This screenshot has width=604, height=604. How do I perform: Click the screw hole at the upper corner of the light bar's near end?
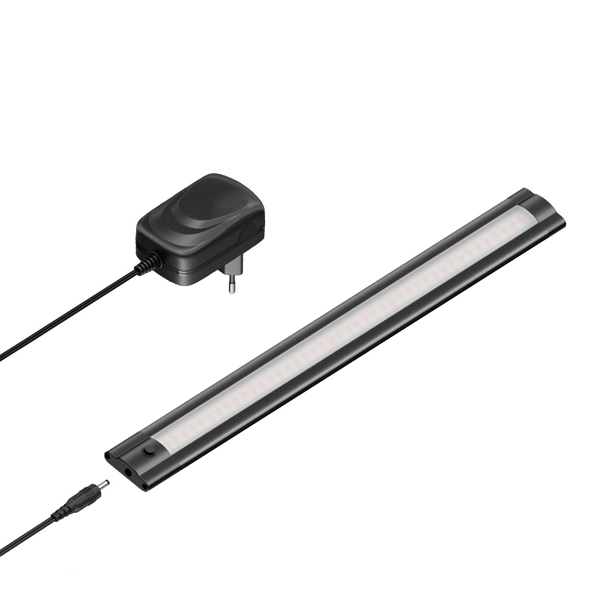tap(108, 457)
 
